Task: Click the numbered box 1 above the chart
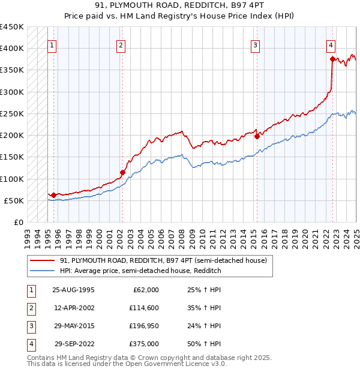[x=52, y=44]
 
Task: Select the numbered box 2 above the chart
[x=121, y=44]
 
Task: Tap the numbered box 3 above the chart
[x=256, y=44]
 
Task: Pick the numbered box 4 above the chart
[x=331, y=44]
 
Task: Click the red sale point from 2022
[x=332, y=59]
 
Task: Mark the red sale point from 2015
[x=257, y=136]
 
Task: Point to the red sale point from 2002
[x=122, y=172]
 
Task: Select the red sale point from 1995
[x=53, y=195]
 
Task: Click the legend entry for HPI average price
[x=140, y=271]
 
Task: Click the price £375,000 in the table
[x=144, y=344]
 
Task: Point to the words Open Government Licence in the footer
[x=181, y=364]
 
